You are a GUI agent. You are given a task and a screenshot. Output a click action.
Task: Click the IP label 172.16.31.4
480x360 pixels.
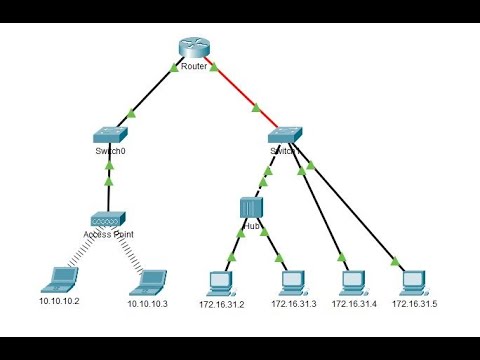[x=352, y=302]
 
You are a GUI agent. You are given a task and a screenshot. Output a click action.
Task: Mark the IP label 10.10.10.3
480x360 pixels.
[x=148, y=302]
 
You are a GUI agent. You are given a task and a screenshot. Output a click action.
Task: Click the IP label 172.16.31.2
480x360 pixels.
[x=221, y=302]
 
